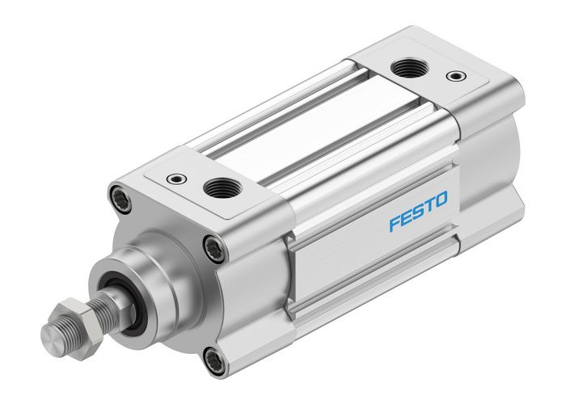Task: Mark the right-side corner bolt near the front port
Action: tap(214, 246)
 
